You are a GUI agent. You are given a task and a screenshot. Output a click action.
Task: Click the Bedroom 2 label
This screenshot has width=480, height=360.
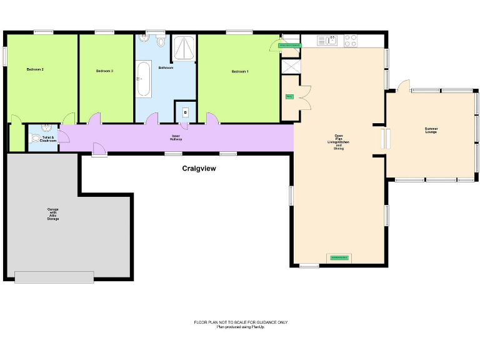point(35,69)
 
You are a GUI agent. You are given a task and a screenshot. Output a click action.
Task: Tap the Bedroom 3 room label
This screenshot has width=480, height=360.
point(104,71)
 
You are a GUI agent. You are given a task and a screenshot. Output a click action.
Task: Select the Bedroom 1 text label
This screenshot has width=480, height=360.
point(240,72)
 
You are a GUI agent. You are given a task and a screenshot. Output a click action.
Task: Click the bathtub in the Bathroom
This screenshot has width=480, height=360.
point(143,79)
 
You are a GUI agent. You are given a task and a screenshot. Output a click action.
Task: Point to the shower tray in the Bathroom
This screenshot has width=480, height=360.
point(184,47)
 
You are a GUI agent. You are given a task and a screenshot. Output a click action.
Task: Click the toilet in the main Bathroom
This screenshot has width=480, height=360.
point(161,42)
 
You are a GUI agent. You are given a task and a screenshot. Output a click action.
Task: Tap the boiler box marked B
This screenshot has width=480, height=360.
point(185,112)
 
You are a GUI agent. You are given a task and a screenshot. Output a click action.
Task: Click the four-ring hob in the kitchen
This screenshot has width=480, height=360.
point(351,41)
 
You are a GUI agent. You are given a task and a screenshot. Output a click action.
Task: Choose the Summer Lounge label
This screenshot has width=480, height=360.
point(431,130)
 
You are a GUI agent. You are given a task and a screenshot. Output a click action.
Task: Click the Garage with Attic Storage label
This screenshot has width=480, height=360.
point(52,214)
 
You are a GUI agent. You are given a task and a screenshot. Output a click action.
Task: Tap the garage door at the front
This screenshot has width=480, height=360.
point(54,277)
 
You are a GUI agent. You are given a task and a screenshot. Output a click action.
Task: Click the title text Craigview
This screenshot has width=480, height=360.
point(199,168)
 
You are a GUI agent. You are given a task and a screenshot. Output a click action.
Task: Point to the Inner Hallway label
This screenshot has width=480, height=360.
point(176,137)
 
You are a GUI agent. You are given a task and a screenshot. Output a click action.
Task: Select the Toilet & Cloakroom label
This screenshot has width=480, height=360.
point(48,139)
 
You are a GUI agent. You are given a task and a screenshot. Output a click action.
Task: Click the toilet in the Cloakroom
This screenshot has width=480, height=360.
point(35,139)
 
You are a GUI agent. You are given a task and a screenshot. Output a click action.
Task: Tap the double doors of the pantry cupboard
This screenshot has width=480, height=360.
point(303,97)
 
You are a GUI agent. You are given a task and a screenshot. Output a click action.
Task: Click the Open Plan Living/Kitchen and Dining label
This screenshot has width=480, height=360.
point(339,142)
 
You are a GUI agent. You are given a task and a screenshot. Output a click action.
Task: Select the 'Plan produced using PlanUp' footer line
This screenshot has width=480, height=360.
point(241,327)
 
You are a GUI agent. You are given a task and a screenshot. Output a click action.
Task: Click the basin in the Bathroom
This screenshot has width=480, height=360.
point(145,39)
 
